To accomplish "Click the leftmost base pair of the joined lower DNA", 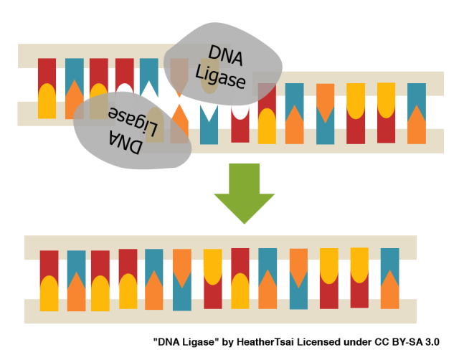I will pos(49,280).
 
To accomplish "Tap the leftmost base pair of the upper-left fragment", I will pos(47,88).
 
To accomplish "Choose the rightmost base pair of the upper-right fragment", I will pos(417,113).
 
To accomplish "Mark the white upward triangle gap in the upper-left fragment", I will pos(149,88).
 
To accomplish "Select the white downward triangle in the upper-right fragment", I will pos(209,113).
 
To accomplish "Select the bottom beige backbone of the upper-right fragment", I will pos(323,141).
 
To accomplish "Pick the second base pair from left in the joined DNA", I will pos(76,280).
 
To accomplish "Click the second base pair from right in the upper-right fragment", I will pos(386,113).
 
